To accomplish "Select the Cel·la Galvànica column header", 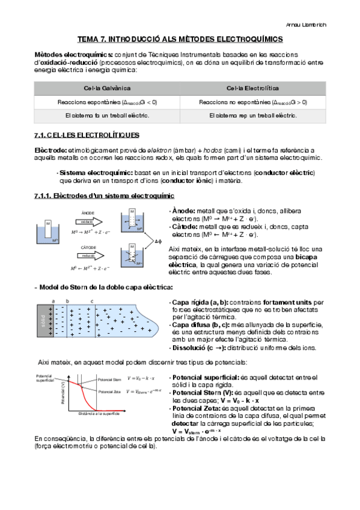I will point(106,88).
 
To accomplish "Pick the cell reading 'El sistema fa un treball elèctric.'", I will point(106,115).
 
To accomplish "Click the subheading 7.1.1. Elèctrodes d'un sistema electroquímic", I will point(105,195).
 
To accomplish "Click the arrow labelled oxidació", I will point(87,221).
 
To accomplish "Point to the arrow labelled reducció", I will point(87,254).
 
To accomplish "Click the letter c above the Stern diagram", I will point(92,301).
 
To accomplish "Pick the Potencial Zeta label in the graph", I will point(109,392).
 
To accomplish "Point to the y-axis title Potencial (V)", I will point(63,391).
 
